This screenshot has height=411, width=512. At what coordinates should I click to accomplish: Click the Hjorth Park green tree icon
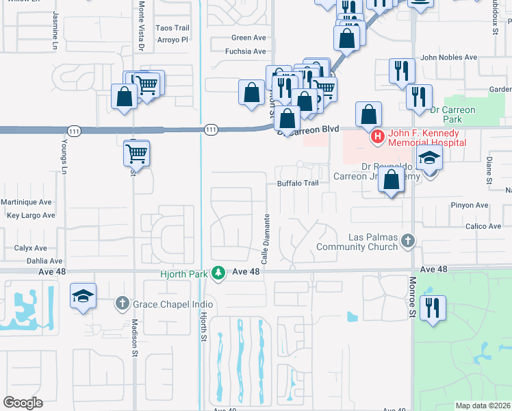click(218, 273)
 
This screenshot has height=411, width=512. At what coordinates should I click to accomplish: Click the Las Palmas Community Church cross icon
click(408, 240)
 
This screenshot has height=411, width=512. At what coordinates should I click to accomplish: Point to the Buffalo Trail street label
click(298, 184)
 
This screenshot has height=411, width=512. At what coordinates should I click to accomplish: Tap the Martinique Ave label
click(27, 203)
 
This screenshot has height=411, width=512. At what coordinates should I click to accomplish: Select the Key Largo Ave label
click(30, 215)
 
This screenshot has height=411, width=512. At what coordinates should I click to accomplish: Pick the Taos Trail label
click(172, 28)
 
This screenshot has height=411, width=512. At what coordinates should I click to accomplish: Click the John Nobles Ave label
click(449, 58)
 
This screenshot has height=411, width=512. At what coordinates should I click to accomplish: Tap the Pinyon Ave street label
click(469, 205)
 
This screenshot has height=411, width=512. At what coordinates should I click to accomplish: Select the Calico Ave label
click(484, 226)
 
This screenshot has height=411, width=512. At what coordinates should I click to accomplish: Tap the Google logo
click(23, 402)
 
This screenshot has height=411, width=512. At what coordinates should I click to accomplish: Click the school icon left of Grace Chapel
click(83, 296)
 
